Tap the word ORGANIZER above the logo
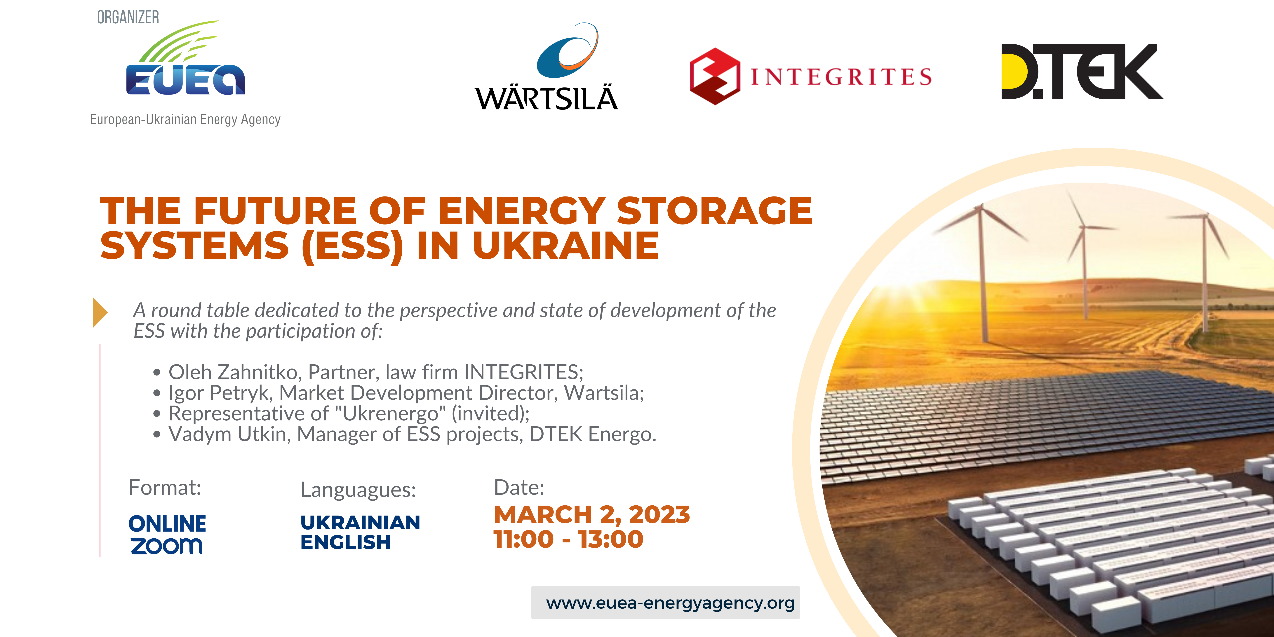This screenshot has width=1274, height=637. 128,17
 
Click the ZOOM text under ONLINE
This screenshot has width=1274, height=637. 167,546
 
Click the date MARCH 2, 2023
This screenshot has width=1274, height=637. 591,515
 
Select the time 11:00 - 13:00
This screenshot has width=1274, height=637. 568,539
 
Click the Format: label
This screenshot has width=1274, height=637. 165,488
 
